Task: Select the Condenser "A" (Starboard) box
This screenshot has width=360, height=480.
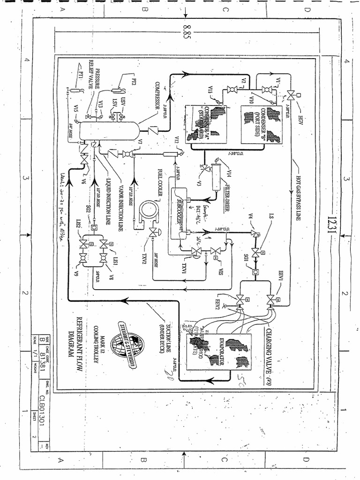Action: (x=206, y=124)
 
